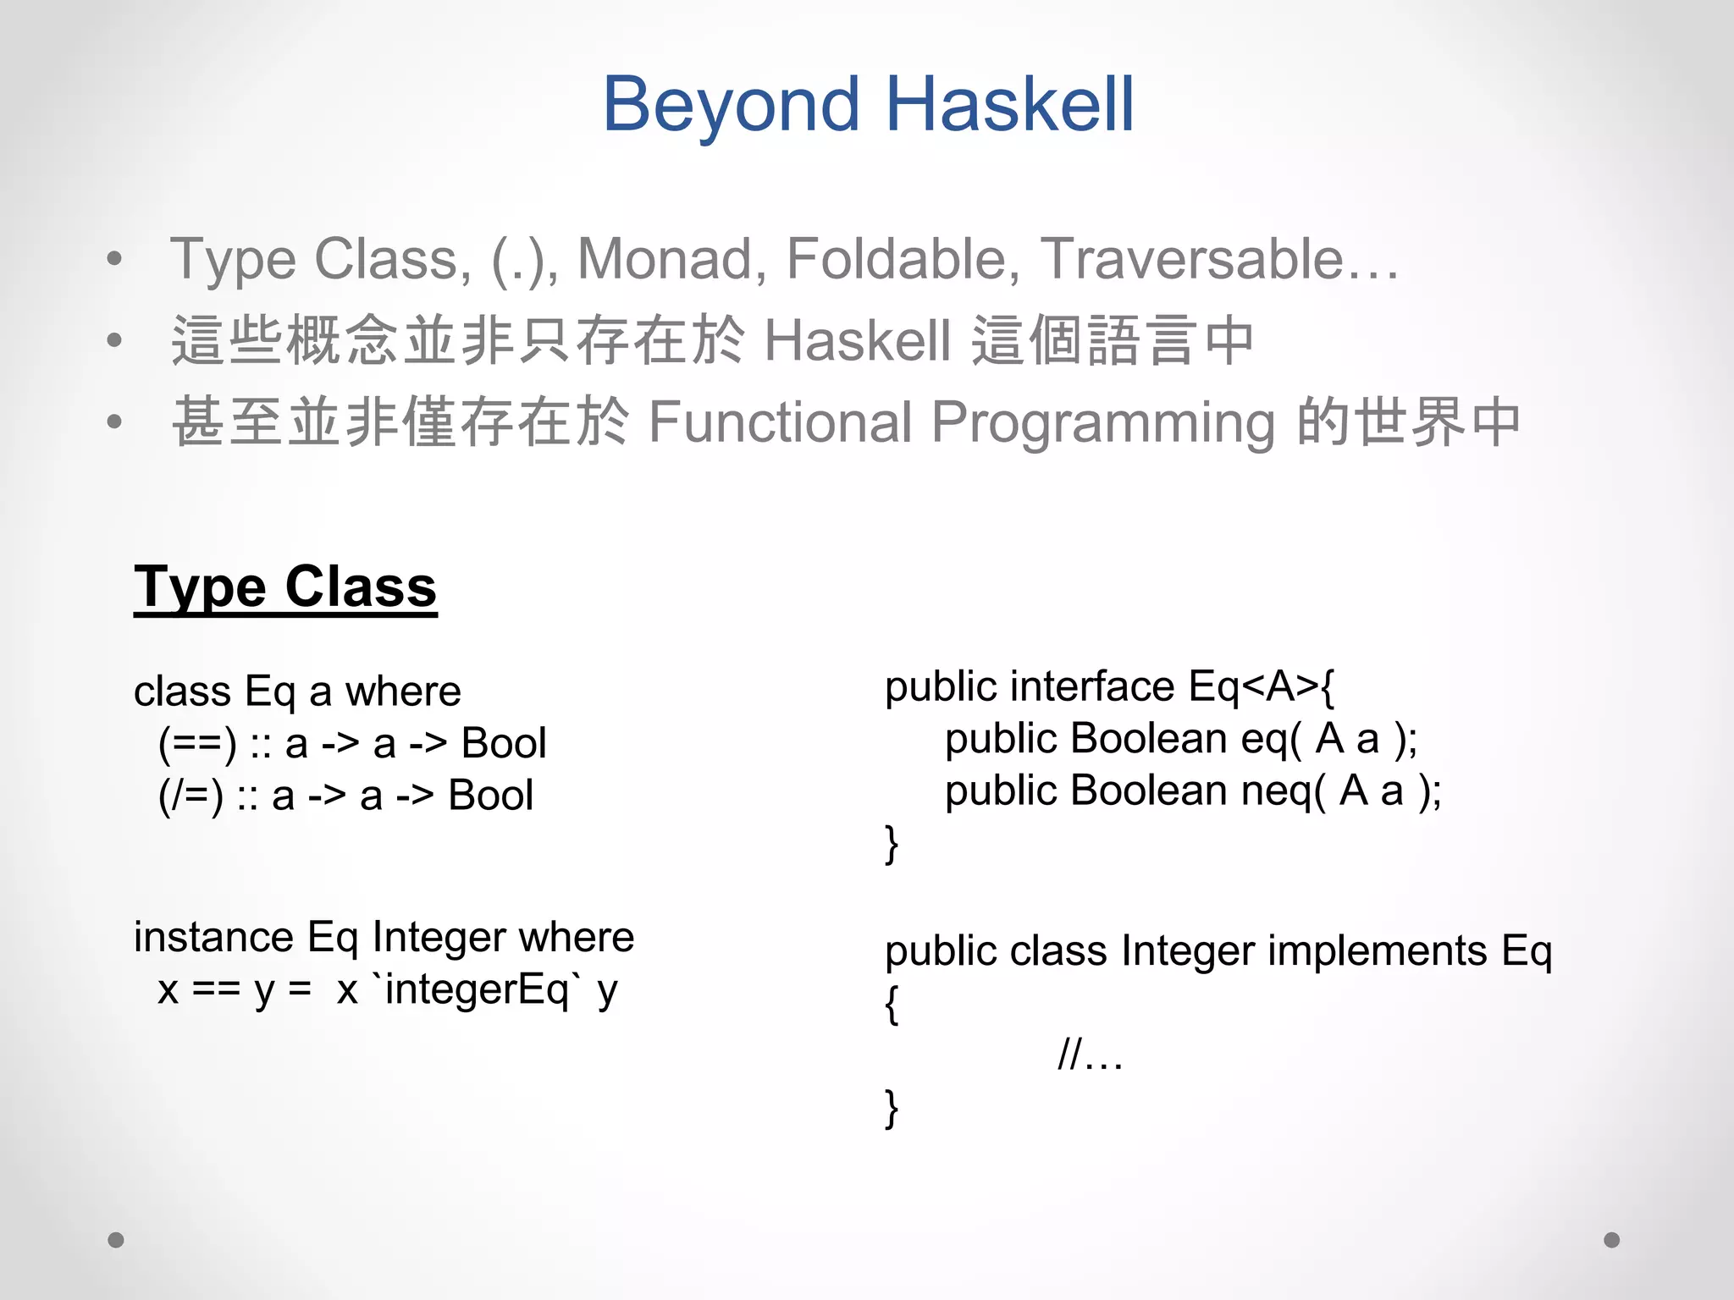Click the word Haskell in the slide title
pyautogui.click(x=1009, y=105)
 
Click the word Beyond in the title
pyautogui.click(x=732, y=105)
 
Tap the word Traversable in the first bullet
pyautogui.click(x=1191, y=258)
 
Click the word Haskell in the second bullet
pyautogui.click(x=857, y=340)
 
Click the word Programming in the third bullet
pyautogui.click(x=1103, y=423)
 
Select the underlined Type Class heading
pyautogui.click(x=285, y=587)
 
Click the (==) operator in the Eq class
pyautogui.click(x=197, y=744)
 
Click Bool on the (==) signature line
pyautogui.click(x=504, y=744)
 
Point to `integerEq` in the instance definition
pyautogui.click(x=477, y=989)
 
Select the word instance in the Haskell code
pyautogui.click(x=213, y=937)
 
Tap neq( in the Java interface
pyautogui.click(x=1284, y=791)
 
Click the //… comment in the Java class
pyautogui.click(x=1091, y=1055)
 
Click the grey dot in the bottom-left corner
pyautogui.click(x=116, y=1240)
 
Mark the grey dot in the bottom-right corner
pyautogui.click(x=1612, y=1240)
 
